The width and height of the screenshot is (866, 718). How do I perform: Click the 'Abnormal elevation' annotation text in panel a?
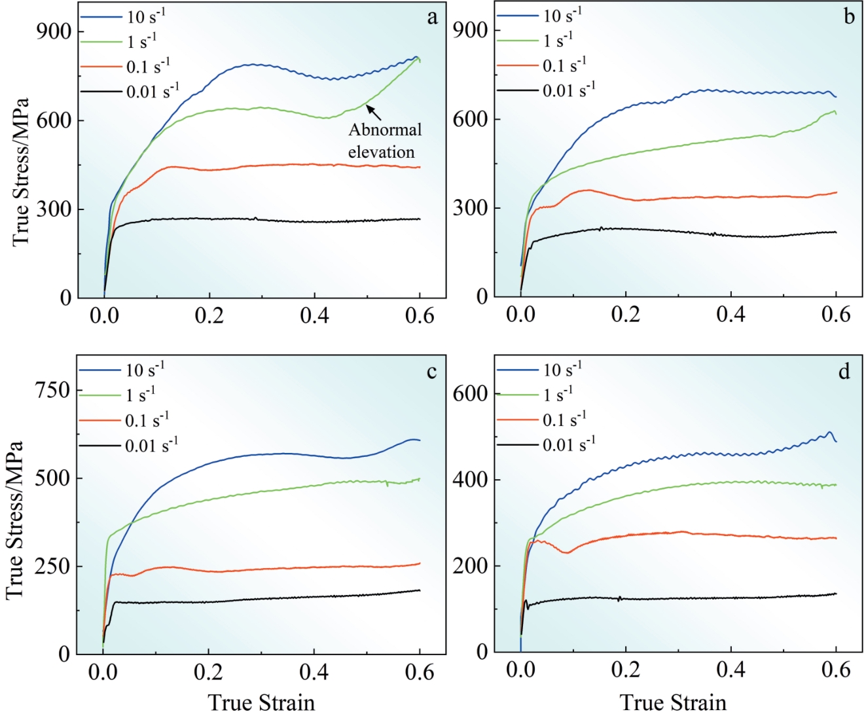click(384, 141)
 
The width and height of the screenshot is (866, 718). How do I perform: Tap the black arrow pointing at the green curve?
click(374, 112)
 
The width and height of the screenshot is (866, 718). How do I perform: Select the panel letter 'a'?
click(432, 18)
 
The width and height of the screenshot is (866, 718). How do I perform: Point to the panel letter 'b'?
click(849, 17)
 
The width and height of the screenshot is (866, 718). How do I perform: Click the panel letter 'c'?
click(431, 372)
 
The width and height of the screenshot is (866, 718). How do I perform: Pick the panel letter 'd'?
click(844, 372)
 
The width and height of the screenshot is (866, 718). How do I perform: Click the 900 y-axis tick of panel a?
click(54, 31)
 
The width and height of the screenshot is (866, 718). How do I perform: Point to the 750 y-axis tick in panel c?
click(52, 390)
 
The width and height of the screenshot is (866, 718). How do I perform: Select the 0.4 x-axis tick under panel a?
click(314, 316)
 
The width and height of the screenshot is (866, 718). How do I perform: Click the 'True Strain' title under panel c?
click(261, 703)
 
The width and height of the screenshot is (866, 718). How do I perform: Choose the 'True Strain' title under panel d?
click(673, 703)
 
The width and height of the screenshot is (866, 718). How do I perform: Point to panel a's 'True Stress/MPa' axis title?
click(21, 171)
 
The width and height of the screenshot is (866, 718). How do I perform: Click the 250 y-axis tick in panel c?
click(52, 566)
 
